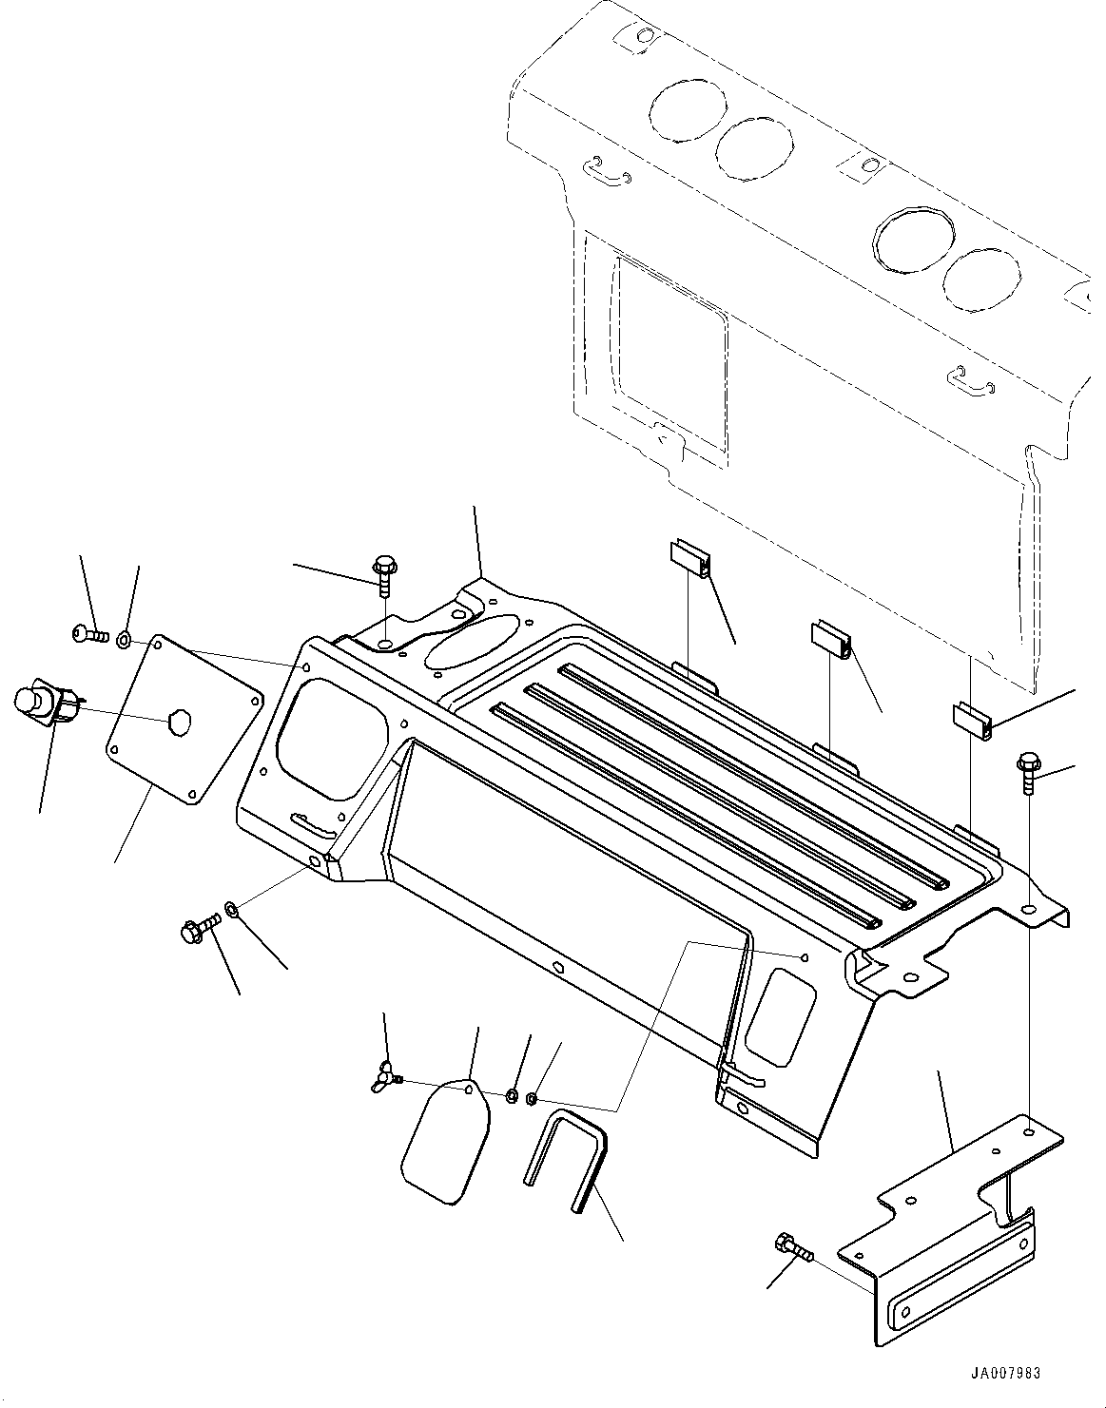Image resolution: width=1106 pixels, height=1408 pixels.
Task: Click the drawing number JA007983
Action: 1006,1374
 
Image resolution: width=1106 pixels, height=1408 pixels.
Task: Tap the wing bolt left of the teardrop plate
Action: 388,1076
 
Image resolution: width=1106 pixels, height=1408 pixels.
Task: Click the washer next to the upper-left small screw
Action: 126,639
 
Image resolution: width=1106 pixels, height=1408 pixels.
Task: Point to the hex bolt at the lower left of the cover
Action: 197,928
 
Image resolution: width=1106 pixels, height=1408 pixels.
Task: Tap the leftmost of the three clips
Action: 688,558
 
